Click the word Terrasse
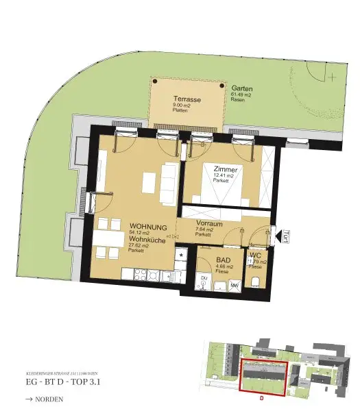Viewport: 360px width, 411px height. [187, 100]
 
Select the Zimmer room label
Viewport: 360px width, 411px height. [225, 169]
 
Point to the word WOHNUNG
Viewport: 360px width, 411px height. [148, 226]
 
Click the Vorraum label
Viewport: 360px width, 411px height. [206, 223]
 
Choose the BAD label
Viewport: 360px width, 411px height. [222, 261]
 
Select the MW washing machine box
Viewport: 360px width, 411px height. [234, 286]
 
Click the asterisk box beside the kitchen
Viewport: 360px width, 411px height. [181, 255]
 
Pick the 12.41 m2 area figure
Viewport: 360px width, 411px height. [224, 176]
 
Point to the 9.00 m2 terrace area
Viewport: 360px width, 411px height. [182, 107]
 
